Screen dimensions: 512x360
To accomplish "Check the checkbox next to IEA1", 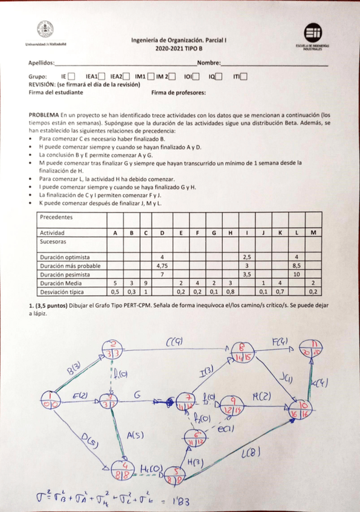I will pos(101,76).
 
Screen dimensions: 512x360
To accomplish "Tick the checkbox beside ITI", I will pos(243,76).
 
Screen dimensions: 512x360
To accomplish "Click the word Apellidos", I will pos(40,63).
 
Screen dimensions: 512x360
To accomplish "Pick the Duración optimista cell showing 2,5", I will pos(246,257).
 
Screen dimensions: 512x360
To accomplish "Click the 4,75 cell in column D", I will pos(162,265).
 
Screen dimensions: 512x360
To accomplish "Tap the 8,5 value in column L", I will pos(297,265).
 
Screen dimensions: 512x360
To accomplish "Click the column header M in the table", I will pos(313,232).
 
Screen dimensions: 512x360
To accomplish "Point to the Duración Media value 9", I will pos(146,283).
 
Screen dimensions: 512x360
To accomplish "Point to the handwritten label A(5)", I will pos(136,434).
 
